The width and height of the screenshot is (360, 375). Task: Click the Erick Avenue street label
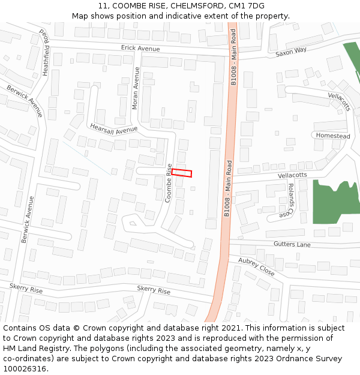[x=140, y=47]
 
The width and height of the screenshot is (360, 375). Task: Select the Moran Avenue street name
[x=136, y=88]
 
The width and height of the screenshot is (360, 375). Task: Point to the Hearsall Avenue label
[x=113, y=128]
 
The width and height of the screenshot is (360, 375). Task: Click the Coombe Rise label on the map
[x=169, y=183]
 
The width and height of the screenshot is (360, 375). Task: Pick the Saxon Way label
[x=291, y=52]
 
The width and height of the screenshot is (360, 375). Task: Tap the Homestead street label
[x=333, y=136]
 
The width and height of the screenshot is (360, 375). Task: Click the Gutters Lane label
[x=292, y=244]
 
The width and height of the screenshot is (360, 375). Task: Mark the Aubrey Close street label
[x=256, y=267]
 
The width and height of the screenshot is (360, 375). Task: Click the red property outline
[x=182, y=173]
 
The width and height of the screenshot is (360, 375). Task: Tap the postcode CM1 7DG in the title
[x=246, y=6]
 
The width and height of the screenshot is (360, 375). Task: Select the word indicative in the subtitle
[x=194, y=16]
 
